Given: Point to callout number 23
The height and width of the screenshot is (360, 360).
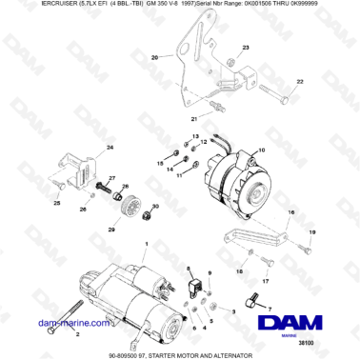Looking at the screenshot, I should (246, 47).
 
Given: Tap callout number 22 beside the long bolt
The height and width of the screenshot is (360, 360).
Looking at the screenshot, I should (301, 84).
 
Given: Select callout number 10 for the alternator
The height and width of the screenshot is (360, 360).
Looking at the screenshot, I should (263, 151).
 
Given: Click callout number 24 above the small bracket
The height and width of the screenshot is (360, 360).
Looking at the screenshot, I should (110, 149).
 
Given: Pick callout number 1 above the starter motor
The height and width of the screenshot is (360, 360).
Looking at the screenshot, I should (146, 245).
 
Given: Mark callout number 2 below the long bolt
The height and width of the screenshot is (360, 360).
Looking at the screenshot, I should (50, 335).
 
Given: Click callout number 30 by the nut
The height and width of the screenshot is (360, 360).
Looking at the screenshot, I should (157, 205).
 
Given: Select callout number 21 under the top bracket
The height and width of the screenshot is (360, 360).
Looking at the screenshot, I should (194, 119).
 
